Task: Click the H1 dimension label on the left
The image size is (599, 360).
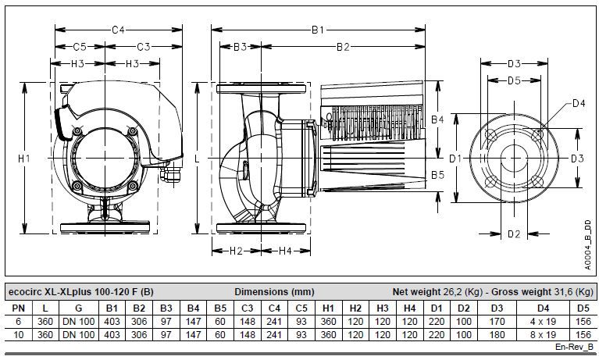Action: click(24, 159)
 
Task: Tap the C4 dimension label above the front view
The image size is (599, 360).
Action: click(117, 30)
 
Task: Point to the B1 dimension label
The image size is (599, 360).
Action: click(317, 30)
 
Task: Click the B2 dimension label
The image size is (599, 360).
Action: click(342, 47)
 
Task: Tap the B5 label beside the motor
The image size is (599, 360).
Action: click(438, 175)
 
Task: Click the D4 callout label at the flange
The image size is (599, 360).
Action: click(579, 103)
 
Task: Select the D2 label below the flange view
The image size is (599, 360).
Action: click(513, 233)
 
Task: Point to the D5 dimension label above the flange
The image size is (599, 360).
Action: click(513, 80)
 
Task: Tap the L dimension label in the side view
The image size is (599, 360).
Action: click(198, 159)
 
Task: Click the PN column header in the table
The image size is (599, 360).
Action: click(18, 308)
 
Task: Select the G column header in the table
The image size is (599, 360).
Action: click(78, 308)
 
